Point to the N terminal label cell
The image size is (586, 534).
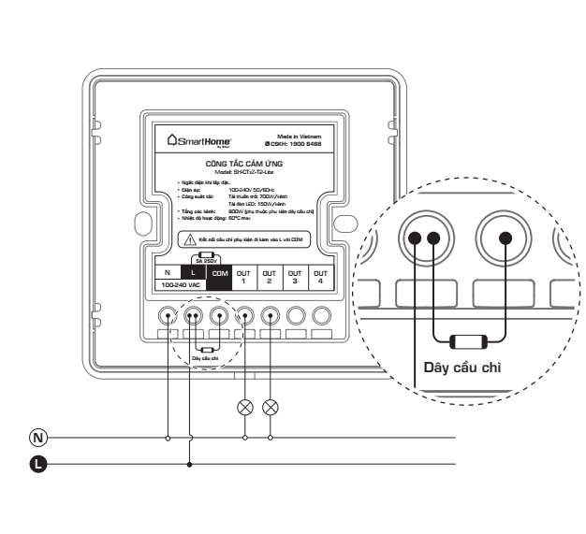click(167, 272)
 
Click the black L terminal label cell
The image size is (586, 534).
click(193, 272)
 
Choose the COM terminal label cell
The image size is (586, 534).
click(219, 272)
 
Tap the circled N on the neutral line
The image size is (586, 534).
click(38, 437)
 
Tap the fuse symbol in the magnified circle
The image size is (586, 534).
click(468, 340)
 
